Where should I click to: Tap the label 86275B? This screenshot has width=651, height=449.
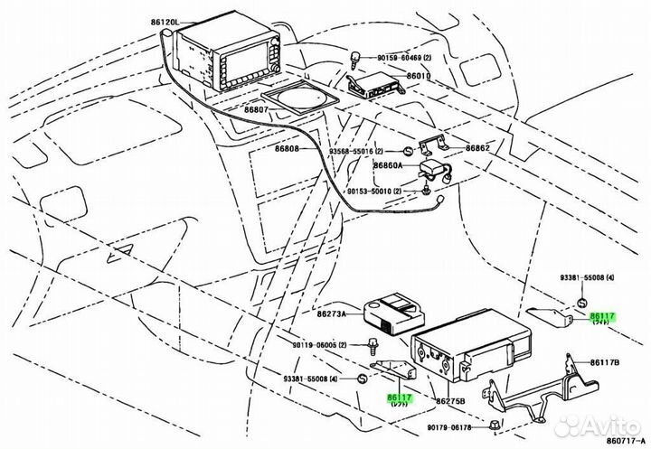[x=449, y=400]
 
